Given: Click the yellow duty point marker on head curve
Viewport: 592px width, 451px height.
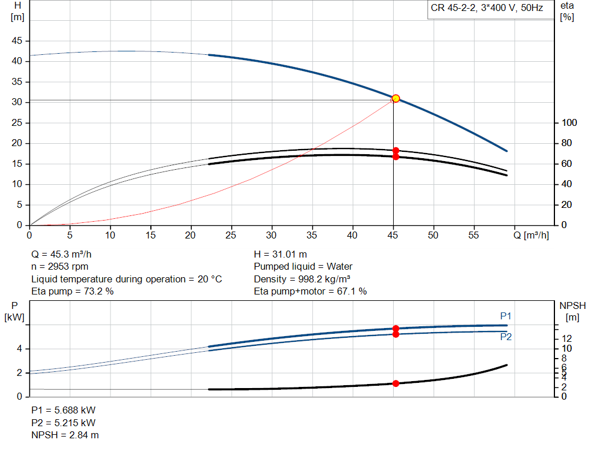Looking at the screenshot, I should pyautogui.click(x=395, y=99).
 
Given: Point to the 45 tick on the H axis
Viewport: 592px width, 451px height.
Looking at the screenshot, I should pyautogui.click(x=17, y=41).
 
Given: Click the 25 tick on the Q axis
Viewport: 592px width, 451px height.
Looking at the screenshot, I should pyautogui.click(x=231, y=236).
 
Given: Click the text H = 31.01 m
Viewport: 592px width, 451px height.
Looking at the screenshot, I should pyautogui.click(x=280, y=254).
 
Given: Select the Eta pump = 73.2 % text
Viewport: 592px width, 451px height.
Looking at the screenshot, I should pyautogui.click(x=72, y=292).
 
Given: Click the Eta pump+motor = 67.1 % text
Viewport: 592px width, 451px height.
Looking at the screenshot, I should pyautogui.click(x=310, y=292).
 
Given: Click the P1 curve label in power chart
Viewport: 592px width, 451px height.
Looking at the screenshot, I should pyautogui.click(x=506, y=316).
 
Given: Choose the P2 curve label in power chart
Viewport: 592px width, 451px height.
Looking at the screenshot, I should pyautogui.click(x=506, y=337).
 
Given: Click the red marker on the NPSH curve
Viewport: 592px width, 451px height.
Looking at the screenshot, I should pyautogui.click(x=395, y=383).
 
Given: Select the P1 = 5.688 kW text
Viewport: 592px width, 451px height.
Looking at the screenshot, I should pyautogui.click(x=64, y=410).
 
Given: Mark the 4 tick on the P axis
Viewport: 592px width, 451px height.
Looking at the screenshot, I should pyautogui.click(x=19, y=349).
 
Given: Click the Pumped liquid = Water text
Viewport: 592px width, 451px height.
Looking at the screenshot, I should pyautogui.click(x=303, y=267).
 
